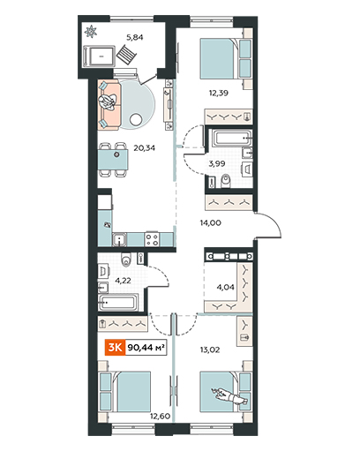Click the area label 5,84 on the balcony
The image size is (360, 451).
(x=135, y=37)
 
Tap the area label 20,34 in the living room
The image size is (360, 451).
(x=145, y=147)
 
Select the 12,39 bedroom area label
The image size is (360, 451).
(x=219, y=93)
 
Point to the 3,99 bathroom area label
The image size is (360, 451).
(x=217, y=163)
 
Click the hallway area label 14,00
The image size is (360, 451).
(x=211, y=223)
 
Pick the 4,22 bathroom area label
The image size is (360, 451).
(x=123, y=281)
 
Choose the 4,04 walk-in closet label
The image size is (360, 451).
(x=226, y=287)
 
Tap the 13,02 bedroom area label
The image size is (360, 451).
(x=210, y=350)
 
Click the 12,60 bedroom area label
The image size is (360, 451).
(x=161, y=416)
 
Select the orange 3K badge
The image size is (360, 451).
(x=116, y=348)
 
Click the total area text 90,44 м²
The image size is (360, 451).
(x=146, y=348)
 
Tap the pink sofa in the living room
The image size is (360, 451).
(x=109, y=105)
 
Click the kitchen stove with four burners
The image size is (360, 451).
(x=152, y=239)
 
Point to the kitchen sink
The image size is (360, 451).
(x=119, y=239)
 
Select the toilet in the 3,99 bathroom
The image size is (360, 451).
(x=226, y=181)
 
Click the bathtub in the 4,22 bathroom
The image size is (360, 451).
(x=117, y=302)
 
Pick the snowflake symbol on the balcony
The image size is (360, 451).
(x=90, y=32)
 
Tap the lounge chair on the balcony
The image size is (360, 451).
(x=126, y=55)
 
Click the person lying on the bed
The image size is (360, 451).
(x=230, y=396)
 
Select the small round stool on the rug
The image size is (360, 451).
(x=136, y=120)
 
